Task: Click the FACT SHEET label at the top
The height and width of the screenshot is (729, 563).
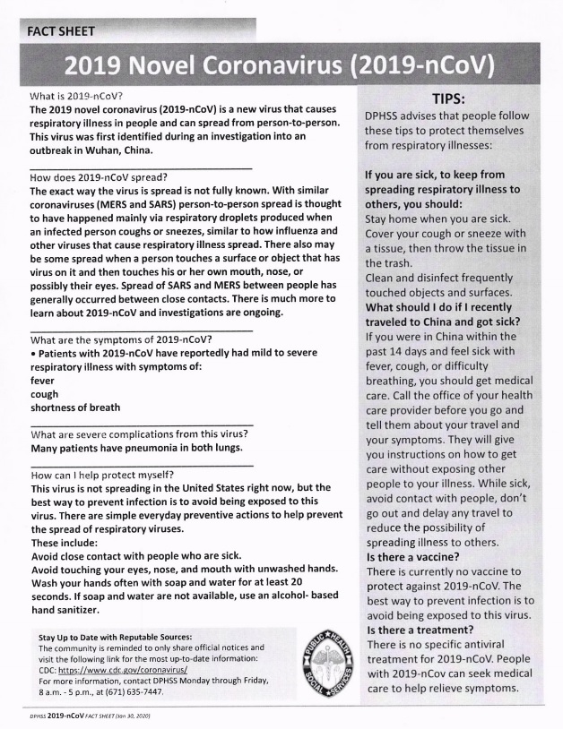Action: point(61,31)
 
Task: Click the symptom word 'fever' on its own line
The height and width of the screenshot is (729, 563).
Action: point(42,381)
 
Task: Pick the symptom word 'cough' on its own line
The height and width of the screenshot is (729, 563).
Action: point(44,394)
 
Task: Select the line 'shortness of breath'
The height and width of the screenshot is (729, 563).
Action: point(75,407)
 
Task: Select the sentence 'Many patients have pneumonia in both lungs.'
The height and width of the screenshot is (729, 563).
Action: point(136,448)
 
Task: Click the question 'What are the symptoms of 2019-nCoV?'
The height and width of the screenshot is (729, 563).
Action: point(121,339)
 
